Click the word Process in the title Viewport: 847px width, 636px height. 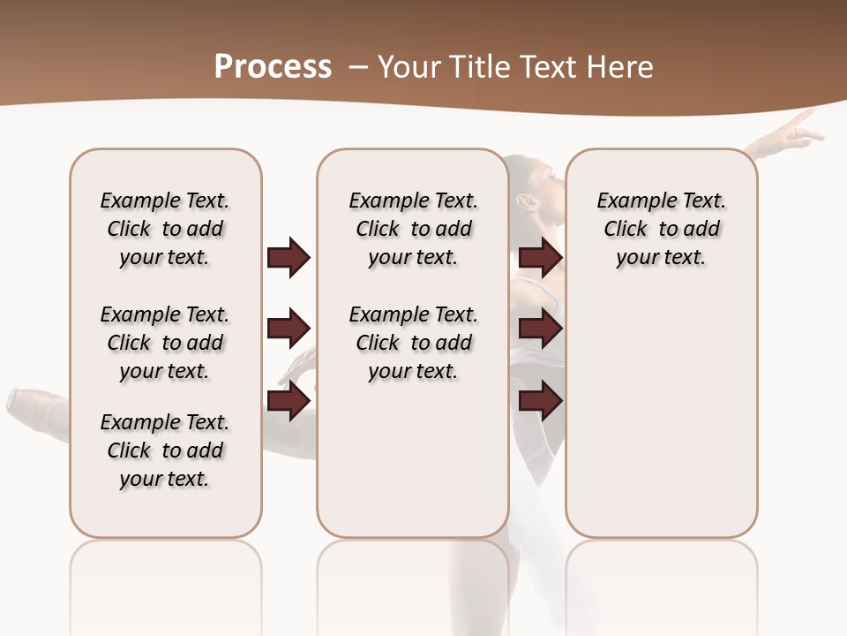(x=273, y=66)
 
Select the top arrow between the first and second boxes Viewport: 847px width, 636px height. (x=289, y=257)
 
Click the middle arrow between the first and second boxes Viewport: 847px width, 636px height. (x=289, y=329)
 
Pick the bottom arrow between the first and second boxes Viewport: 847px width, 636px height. (x=289, y=400)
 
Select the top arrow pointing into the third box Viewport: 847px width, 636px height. (x=540, y=257)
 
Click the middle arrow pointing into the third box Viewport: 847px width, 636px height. (x=540, y=329)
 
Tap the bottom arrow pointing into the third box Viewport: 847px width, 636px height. (x=540, y=400)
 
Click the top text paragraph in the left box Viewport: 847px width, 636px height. (x=165, y=229)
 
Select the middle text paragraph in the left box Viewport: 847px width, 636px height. (x=165, y=343)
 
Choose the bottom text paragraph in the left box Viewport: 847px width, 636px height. (x=165, y=450)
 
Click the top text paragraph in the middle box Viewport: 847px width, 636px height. (x=413, y=229)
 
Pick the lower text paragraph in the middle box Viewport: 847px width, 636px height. (x=413, y=343)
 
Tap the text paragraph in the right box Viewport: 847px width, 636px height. (x=661, y=229)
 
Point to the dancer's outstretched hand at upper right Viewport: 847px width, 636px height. (x=800, y=129)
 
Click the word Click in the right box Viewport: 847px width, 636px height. (x=626, y=229)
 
